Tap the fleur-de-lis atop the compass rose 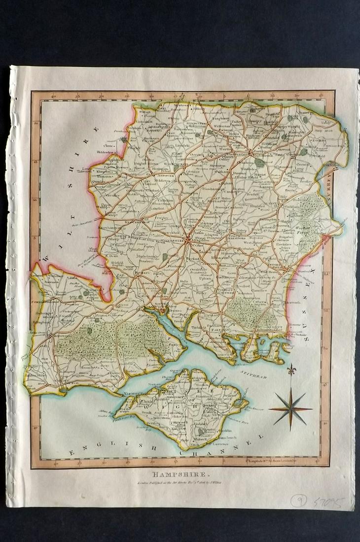tap(291, 369)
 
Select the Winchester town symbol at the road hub tap(188, 240)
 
